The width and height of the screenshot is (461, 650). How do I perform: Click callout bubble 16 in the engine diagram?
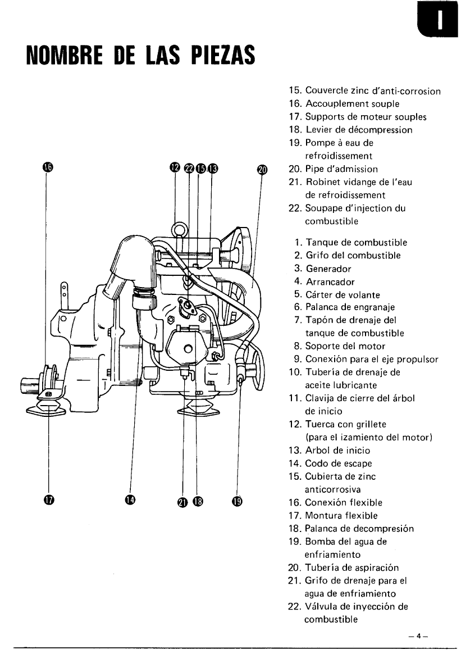(47, 167)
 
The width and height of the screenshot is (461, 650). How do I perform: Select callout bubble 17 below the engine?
(47, 500)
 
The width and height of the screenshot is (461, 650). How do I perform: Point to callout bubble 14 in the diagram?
(130, 500)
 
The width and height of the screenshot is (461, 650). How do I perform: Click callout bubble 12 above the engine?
(175, 167)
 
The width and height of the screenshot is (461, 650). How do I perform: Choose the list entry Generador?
(328, 269)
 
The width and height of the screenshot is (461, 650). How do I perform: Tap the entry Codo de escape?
(338, 463)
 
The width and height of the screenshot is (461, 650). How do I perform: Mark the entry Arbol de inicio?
(337, 451)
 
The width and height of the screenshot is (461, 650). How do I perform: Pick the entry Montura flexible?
(341, 516)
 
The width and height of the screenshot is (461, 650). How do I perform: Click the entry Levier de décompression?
(358, 130)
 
